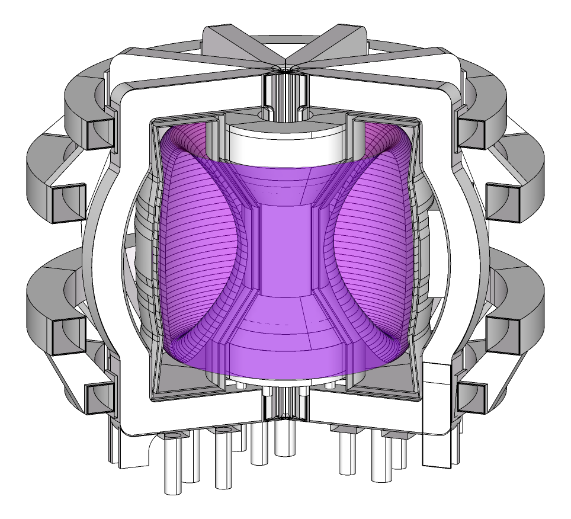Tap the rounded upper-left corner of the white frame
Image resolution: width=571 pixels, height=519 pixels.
(x=127, y=95)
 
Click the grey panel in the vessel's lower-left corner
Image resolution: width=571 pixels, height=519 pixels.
(x=184, y=379)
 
